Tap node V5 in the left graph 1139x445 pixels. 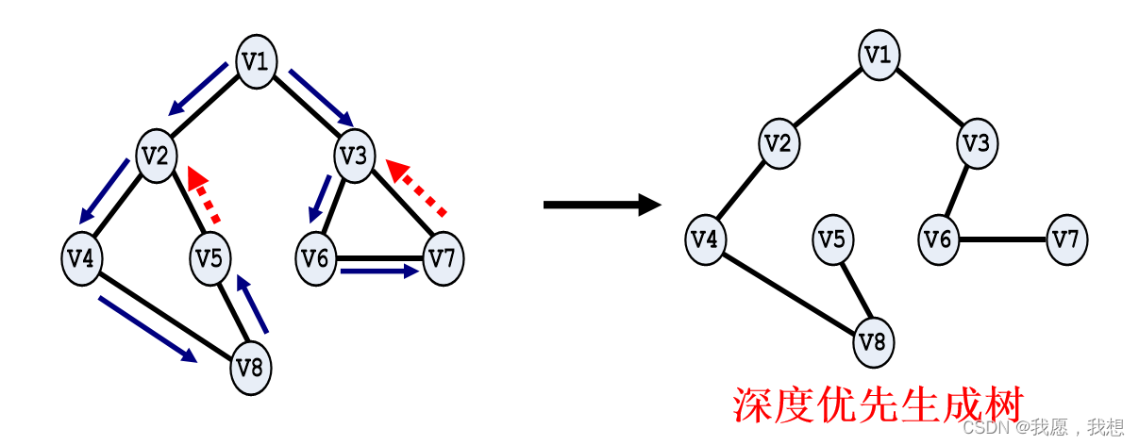pos(210,255)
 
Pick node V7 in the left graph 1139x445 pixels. pos(444,257)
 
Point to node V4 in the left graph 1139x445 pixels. pos(82,257)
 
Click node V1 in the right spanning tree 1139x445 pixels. pos(879,55)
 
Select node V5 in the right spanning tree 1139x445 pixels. pos(832,239)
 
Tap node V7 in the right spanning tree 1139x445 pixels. pos(1066,239)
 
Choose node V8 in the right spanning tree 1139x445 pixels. pos(874,341)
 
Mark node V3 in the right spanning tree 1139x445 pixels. pos(977,144)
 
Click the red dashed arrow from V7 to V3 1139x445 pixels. pos(416,187)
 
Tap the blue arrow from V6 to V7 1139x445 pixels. pos(378,272)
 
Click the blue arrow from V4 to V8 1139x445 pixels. pos(147,329)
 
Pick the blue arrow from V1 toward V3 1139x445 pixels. pos(321,97)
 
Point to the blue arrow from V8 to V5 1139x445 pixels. pos(254,305)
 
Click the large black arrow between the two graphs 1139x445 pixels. pos(601,205)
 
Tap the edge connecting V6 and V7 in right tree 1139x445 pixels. pos(1002,239)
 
